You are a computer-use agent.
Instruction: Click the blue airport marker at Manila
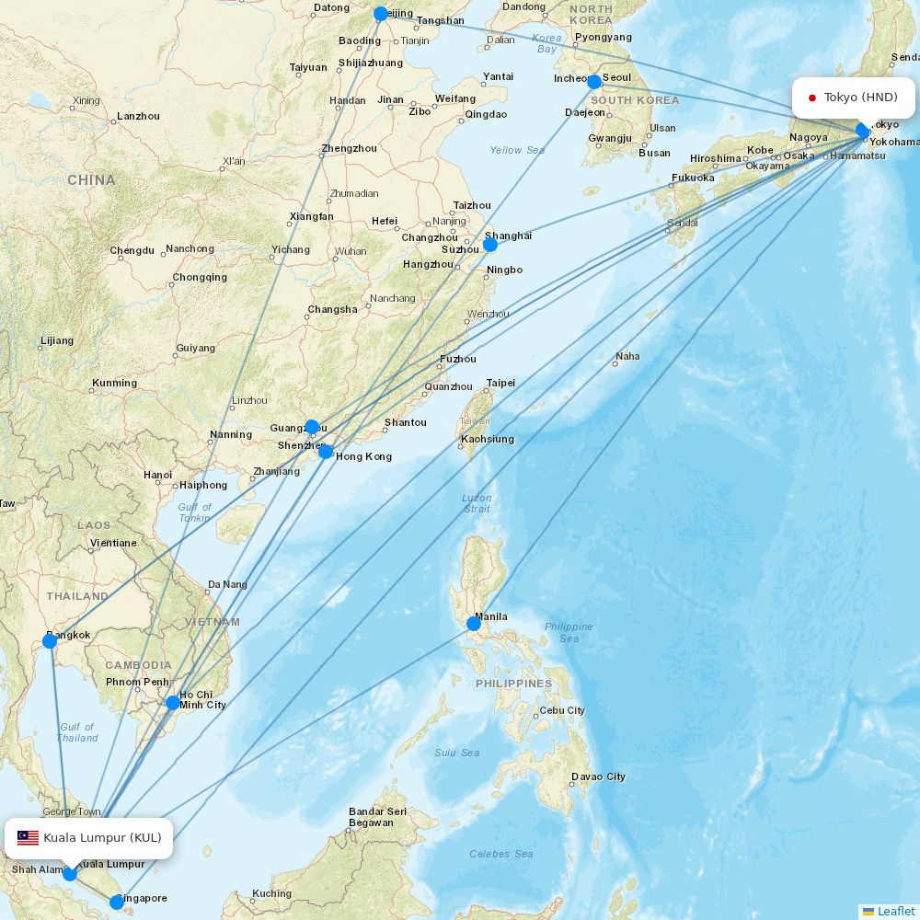pos(473,624)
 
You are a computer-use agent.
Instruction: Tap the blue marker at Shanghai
pos(490,245)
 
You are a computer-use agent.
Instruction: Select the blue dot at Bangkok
pos(50,641)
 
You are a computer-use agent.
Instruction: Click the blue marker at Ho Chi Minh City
pos(173,703)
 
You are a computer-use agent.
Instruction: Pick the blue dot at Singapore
pos(116,903)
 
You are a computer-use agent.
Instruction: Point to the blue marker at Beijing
pos(381,14)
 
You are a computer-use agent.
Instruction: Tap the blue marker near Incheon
pos(594,82)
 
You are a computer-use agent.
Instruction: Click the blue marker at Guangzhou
pos(312,427)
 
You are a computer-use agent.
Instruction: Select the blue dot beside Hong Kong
pos(326,452)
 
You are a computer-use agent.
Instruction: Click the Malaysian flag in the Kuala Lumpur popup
pos(28,838)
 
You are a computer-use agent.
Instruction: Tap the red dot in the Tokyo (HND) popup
pos(812,98)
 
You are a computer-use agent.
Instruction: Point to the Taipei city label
pos(500,383)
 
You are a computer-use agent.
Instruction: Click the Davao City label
pos(598,776)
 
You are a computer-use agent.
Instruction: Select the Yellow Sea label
pos(517,150)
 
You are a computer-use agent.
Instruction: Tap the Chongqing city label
pos(200,277)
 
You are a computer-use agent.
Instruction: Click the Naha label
pos(627,356)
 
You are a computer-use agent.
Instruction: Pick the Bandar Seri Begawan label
pos(377,817)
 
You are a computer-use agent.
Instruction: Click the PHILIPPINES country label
pos(513,684)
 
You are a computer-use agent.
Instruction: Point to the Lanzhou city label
pos(138,116)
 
